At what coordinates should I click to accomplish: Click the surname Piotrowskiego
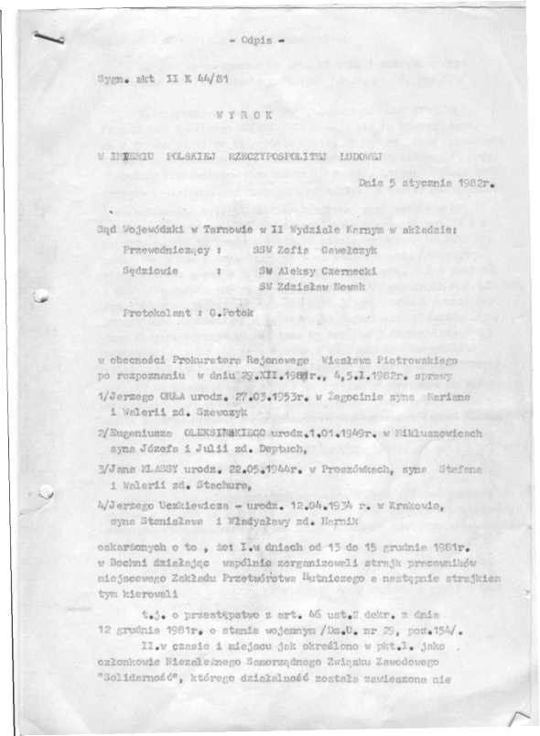418,362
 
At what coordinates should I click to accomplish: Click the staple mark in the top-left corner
46,36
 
